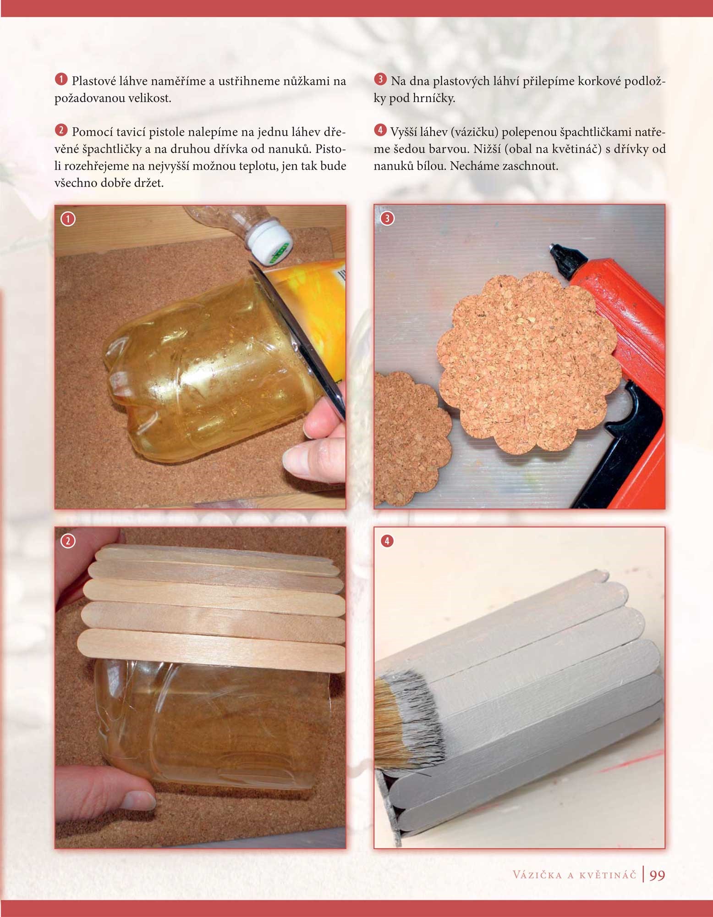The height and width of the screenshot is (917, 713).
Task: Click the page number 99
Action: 657,875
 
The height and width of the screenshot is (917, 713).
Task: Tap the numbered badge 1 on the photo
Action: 68,219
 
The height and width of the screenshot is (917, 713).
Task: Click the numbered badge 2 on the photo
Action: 68,541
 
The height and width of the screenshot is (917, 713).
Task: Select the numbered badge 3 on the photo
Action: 387,218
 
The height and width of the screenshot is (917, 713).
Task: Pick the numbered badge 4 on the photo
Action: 387,541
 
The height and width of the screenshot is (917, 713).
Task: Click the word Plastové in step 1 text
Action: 94,81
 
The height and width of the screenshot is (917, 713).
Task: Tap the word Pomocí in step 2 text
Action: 90,132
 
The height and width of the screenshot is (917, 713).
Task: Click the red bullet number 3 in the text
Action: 380,80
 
